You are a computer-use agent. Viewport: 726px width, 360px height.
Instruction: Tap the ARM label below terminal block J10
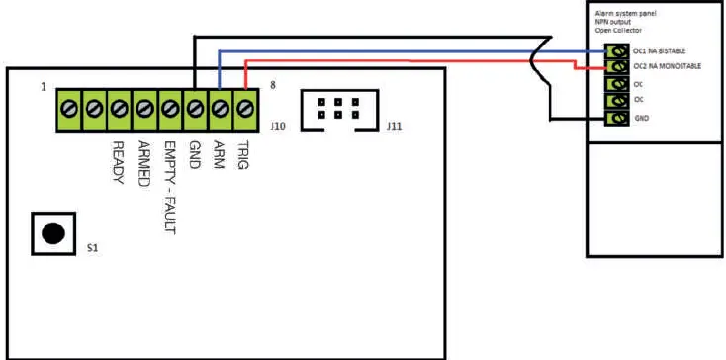pos(219,155)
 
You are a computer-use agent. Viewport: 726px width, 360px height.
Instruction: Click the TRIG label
pos(243,155)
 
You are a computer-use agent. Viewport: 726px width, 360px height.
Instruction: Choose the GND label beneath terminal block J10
pos(194,155)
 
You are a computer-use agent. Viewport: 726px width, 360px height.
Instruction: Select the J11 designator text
pos(393,127)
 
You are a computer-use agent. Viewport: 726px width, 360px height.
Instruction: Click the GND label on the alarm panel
pos(642,118)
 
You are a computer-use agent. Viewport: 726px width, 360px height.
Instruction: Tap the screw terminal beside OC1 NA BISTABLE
pos(619,50)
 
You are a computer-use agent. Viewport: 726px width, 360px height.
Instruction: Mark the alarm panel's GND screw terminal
pos(619,118)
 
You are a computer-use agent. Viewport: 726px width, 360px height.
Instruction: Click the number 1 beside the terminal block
pos(44,87)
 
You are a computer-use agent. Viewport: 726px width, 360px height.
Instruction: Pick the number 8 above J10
pos(272,87)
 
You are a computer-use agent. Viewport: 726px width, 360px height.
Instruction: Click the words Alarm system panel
pos(628,13)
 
